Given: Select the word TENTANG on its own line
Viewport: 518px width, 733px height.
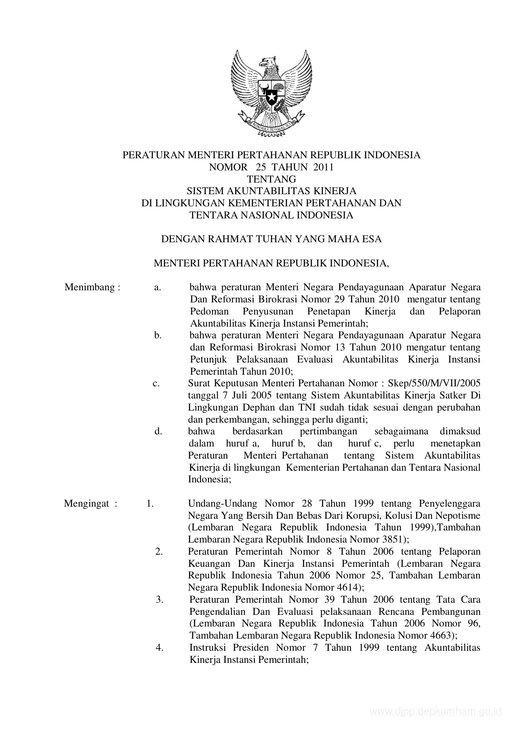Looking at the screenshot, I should [272, 179].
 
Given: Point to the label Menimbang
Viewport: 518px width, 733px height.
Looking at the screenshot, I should [89, 287].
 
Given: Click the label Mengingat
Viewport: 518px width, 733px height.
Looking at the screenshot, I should [87, 503].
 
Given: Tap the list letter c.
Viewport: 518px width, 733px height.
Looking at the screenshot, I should [156, 383].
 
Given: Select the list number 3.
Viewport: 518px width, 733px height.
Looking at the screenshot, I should [159, 600].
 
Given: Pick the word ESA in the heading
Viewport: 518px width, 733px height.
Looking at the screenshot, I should [372, 239].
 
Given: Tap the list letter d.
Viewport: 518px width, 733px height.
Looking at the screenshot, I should [158, 431].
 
